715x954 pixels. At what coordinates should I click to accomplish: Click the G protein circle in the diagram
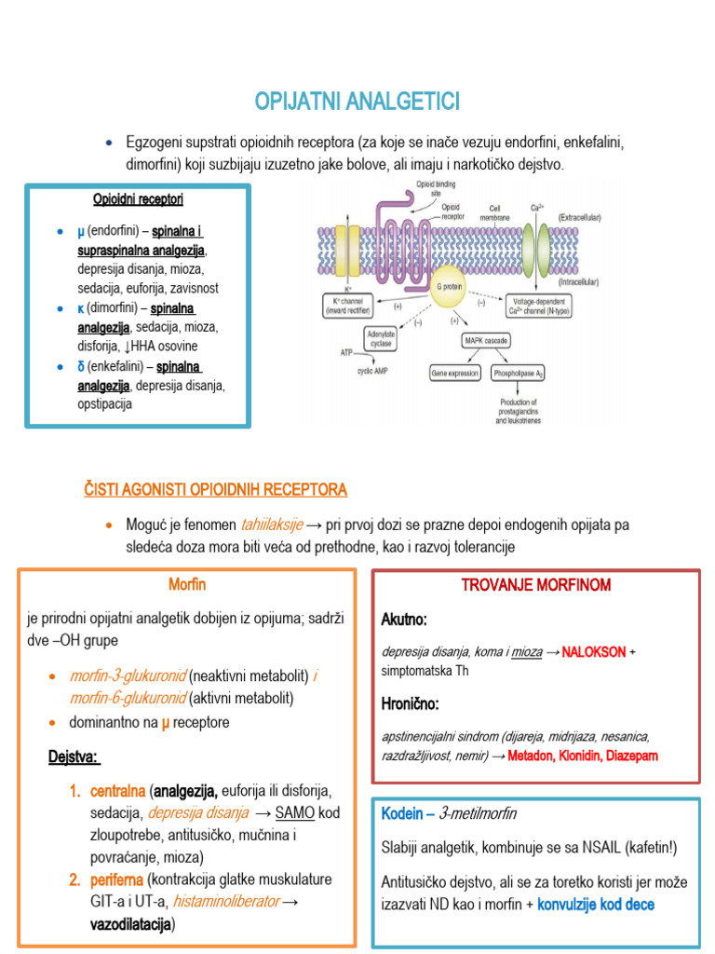[x=449, y=286]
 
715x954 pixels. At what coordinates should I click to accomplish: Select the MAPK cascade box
[x=485, y=341]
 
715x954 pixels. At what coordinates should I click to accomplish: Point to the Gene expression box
[x=453, y=373]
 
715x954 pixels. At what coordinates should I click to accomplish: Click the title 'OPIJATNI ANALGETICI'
[x=357, y=101]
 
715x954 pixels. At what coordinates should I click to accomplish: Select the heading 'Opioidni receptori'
[x=138, y=199]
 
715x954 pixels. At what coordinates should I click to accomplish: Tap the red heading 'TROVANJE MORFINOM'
[x=536, y=585]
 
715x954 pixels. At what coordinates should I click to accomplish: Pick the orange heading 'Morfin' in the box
[x=187, y=584]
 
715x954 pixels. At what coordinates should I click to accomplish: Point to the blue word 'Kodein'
[x=402, y=813]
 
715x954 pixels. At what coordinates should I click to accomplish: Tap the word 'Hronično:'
[x=410, y=702]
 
